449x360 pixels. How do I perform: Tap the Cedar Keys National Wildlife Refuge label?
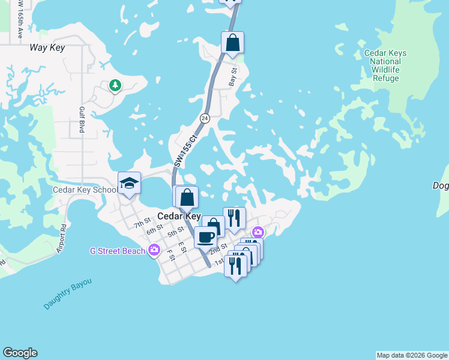(385, 65)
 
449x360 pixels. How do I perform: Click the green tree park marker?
(115, 86)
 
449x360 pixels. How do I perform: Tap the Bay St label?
(234, 77)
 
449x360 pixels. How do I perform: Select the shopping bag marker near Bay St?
(232, 43)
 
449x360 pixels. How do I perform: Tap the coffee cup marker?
(205, 237)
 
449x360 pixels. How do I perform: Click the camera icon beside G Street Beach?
(155, 250)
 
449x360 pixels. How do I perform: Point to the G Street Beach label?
(117, 251)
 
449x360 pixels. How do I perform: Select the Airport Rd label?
(62, 238)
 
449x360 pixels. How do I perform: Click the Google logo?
(20, 353)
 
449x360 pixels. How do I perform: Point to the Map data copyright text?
(412, 355)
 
